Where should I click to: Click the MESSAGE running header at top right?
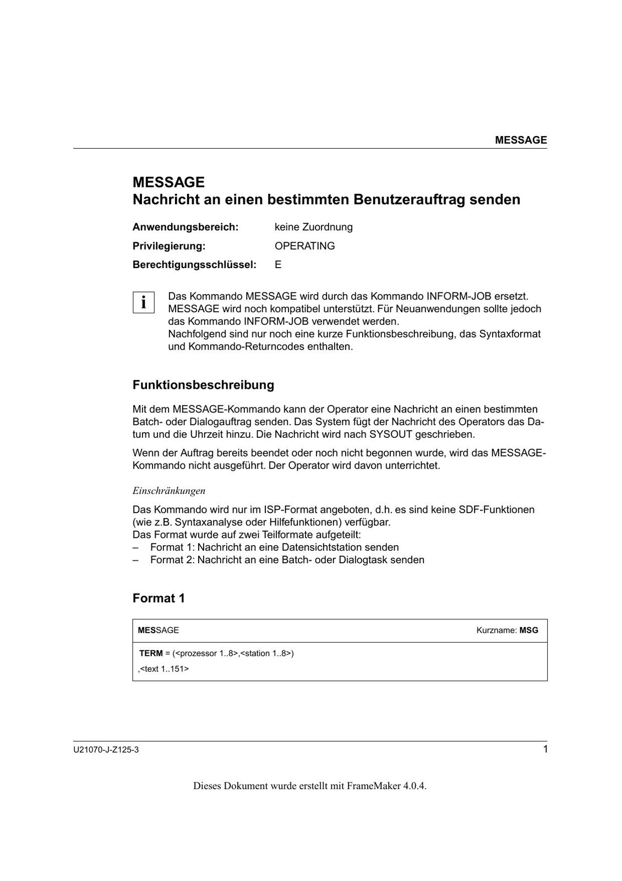pyautogui.click(x=520, y=140)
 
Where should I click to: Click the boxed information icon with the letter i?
pyautogui.click(x=143, y=302)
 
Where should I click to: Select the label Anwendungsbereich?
pyautogui.click(x=185, y=227)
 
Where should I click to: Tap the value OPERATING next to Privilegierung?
pyautogui.click(x=304, y=246)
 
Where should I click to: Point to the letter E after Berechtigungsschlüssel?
pyautogui.click(x=278, y=265)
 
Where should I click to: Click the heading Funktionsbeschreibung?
pyautogui.click(x=203, y=384)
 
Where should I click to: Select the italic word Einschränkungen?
pyautogui.click(x=168, y=491)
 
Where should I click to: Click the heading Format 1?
pyautogui.click(x=159, y=598)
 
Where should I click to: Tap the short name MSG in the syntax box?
pyautogui.click(x=528, y=630)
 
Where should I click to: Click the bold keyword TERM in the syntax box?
pyautogui.click(x=151, y=653)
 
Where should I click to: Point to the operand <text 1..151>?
pyautogui.click(x=164, y=669)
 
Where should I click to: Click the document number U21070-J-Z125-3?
pyautogui.click(x=106, y=750)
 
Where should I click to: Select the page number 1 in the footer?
pyautogui.click(x=545, y=749)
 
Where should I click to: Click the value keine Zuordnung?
pyautogui.click(x=313, y=227)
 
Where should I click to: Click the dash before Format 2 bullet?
pyautogui.click(x=135, y=560)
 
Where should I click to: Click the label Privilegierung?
pyautogui.click(x=168, y=246)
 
